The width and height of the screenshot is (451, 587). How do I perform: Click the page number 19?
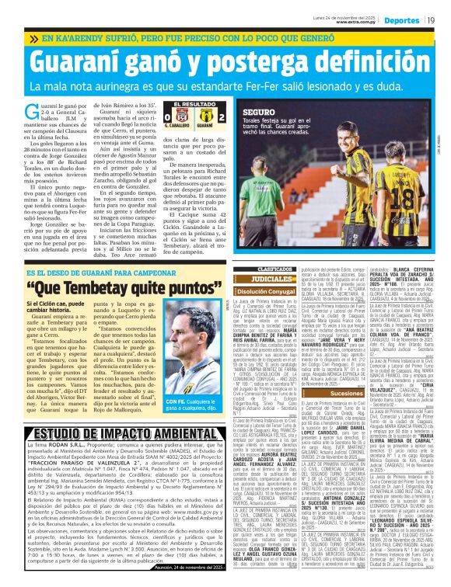430,19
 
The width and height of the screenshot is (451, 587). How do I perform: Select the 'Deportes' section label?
401,19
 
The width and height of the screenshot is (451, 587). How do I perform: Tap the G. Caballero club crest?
177,118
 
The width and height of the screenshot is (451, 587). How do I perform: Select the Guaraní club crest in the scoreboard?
205,118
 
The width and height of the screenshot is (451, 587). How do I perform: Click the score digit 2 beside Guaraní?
222,119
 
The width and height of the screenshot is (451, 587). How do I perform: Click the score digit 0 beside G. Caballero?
167,119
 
